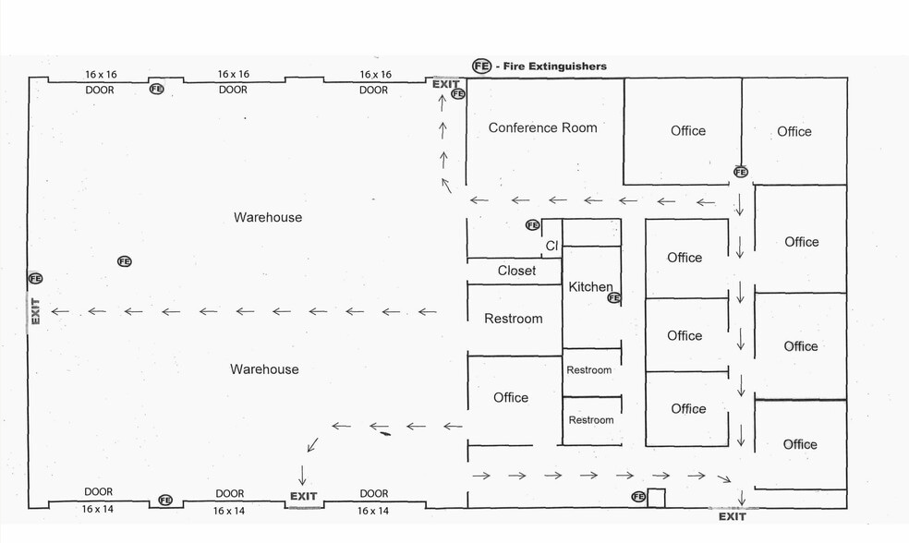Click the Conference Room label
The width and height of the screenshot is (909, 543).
pyautogui.click(x=542, y=127)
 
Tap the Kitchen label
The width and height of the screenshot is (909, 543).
pyautogui.click(x=590, y=286)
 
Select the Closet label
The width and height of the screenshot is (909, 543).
pyautogui.click(x=516, y=270)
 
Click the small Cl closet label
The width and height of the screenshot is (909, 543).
pyautogui.click(x=551, y=246)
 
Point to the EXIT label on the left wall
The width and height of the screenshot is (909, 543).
pyautogui.click(x=35, y=311)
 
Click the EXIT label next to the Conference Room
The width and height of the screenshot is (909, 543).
pyautogui.click(x=446, y=84)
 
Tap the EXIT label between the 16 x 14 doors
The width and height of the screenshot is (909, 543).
pyautogui.click(x=303, y=496)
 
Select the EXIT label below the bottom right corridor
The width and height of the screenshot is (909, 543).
pyautogui.click(x=733, y=516)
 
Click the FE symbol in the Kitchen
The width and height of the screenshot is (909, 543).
pyautogui.click(x=614, y=298)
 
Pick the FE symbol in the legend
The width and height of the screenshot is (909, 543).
pyautogui.click(x=481, y=66)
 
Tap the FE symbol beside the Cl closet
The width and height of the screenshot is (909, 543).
pyautogui.click(x=533, y=224)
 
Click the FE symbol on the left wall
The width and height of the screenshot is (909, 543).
pyautogui.click(x=35, y=279)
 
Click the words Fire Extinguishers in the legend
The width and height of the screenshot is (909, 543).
pyautogui.click(x=555, y=66)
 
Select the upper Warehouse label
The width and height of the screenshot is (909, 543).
pyautogui.click(x=268, y=217)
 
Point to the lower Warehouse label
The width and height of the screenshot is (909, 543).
pyautogui.click(x=264, y=369)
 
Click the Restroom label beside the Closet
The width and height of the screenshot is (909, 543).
pyautogui.click(x=514, y=319)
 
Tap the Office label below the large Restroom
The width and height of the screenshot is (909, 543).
pyautogui.click(x=511, y=397)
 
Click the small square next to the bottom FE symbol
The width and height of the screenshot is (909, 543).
pyautogui.click(x=656, y=499)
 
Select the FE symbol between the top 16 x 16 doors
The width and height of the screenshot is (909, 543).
pyautogui.click(x=156, y=89)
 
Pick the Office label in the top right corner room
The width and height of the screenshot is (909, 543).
pyautogui.click(x=794, y=131)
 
